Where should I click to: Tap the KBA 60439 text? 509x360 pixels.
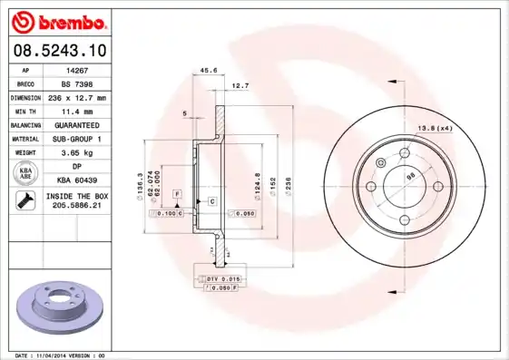pos(77,180)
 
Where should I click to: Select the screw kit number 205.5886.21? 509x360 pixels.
pos(77,207)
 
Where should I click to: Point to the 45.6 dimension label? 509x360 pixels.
pos(209,70)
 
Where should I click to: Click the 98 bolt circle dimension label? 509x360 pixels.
pos(409,176)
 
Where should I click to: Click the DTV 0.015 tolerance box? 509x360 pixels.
pos(223,277)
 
